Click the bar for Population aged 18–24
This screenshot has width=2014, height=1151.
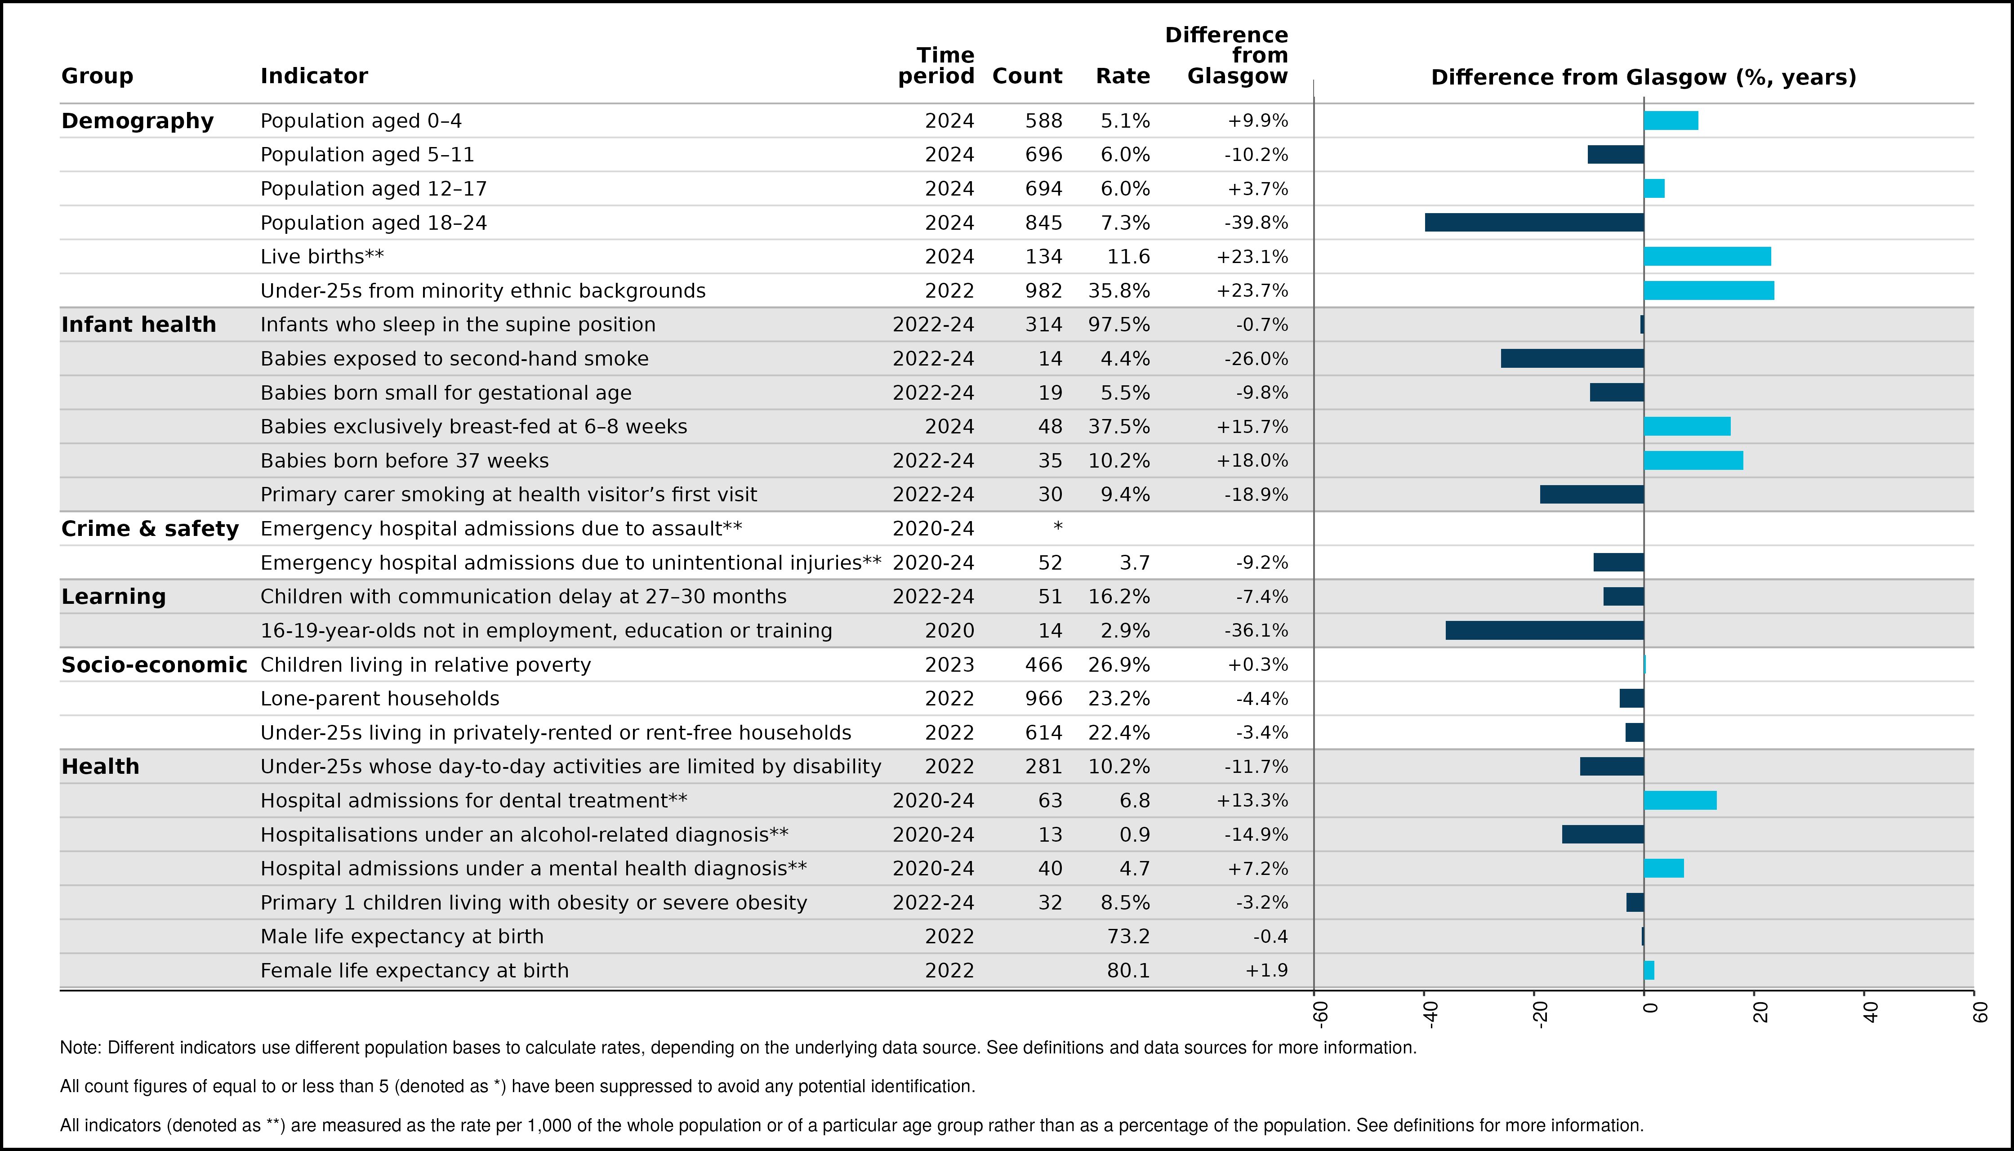tap(1534, 222)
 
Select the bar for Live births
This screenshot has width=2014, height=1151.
tap(1707, 256)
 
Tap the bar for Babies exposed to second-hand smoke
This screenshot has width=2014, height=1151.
tap(1572, 358)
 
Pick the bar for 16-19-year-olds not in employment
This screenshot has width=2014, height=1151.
tap(1545, 630)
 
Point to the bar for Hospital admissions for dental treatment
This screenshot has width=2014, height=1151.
tap(1680, 800)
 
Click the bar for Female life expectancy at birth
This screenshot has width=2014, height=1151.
tap(1649, 970)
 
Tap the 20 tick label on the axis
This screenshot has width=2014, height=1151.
tap(1760, 1013)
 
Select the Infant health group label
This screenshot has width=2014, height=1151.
tap(138, 324)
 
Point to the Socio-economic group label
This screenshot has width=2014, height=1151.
tap(154, 665)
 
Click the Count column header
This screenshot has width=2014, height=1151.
tap(1027, 76)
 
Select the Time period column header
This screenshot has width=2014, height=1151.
tap(936, 66)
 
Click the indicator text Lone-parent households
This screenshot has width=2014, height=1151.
tap(380, 699)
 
